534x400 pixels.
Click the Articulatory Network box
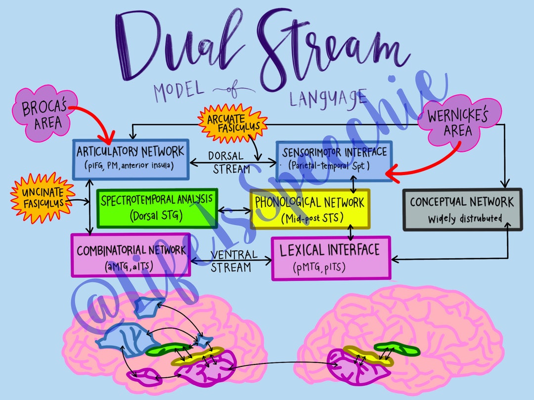pyautogui.click(x=131, y=159)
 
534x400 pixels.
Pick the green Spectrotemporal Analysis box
pyautogui.click(x=157, y=208)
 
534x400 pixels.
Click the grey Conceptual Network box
pyautogui.click(x=462, y=209)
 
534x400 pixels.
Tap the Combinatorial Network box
pyautogui.click(x=131, y=255)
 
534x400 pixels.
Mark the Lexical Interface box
pyautogui.click(x=330, y=257)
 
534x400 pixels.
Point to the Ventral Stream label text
pyautogui.click(x=231, y=261)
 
